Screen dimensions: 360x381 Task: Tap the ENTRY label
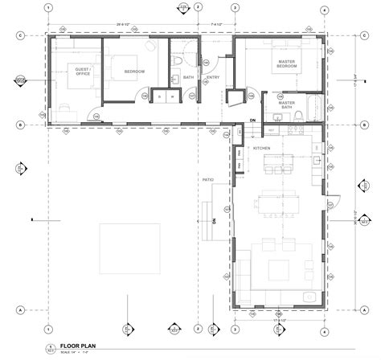tap(213, 78)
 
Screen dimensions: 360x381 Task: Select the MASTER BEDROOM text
tap(285, 64)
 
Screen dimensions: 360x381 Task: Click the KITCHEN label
tap(262, 149)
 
